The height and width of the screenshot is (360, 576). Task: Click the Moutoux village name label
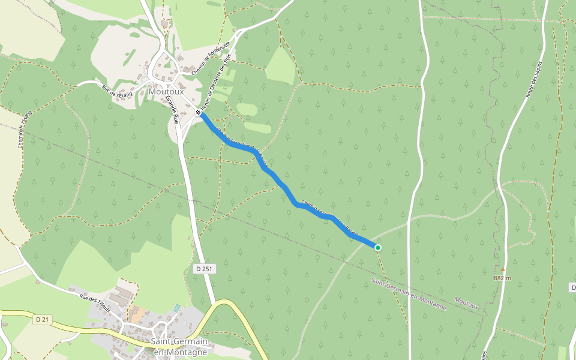tap(166, 92)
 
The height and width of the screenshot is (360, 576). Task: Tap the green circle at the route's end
tap(377, 247)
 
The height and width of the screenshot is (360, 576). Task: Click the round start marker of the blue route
tap(199, 112)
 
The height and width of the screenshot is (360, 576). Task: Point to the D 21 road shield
tap(41, 319)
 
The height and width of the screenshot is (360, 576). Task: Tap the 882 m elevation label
tap(503, 278)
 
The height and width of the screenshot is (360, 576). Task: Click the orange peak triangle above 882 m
tap(503, 269)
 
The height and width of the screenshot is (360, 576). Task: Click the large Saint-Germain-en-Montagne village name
tap(180, 347)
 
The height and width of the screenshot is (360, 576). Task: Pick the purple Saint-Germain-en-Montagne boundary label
tap(409, 294)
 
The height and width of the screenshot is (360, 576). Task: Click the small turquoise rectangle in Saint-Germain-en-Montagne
tap(176, 308)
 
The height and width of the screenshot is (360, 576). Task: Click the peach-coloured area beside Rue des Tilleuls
tap(139, 316)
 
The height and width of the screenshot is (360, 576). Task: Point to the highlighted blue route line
tap(282, 186)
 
